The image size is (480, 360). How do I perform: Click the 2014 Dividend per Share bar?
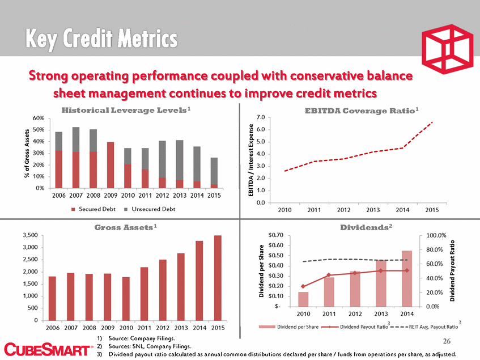pyautogui.click(x=407, y=278)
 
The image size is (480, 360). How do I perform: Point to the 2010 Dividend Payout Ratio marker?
pyautogui.click(x=303, y=286)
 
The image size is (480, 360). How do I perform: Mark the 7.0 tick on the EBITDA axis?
pyautogui.click(x=261, y=117)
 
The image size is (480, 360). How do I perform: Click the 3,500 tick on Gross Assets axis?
pyautogui.click(x=31, y=235)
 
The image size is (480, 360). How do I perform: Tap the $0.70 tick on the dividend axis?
pyautogui.click(x=274, y=235)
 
